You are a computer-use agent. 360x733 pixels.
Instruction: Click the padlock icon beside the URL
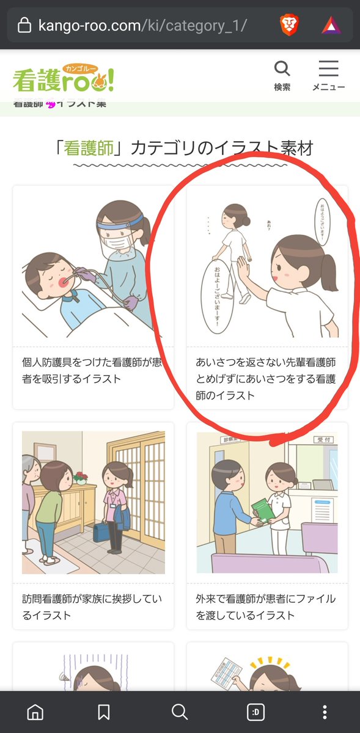tap(24, 26)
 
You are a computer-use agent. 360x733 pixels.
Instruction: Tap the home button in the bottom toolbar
tap(36, 712)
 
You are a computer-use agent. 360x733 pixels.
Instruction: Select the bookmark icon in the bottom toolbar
tap(104, 712)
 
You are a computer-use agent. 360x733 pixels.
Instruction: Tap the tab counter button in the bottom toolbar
tap(255, 712)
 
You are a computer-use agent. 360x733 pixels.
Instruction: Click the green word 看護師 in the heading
tap(89, 147)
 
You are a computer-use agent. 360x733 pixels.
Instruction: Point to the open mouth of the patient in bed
tap(65, 282)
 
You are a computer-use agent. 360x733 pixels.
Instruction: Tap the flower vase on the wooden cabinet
tap(79, 477)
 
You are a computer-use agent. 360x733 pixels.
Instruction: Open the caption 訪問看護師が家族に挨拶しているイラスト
tap(92, 607)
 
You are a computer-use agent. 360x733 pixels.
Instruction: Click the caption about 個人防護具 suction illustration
tap(92, 370)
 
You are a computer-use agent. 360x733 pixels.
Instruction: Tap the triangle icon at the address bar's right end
tap(331, 25)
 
